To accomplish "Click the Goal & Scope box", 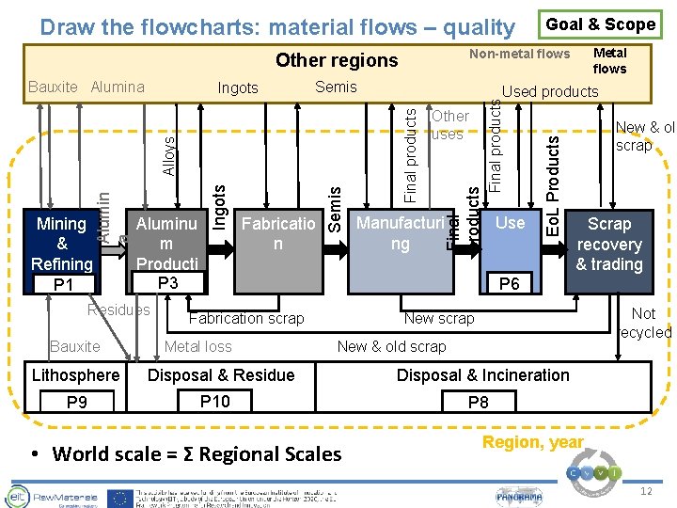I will tap(601, 24).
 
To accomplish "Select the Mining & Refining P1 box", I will tap(63, 252).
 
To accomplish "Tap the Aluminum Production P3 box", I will tap(167, 252).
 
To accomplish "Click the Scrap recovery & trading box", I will tap(609, 244).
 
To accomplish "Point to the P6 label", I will tap(510, 283).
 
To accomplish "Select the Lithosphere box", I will tap(76, 375).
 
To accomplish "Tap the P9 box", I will tap(76, 403).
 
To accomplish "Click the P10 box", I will tap(215, 402).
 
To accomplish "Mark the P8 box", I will tap(479, 403).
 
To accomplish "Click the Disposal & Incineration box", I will tap(482, 375).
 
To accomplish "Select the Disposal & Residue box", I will tap(222, 375).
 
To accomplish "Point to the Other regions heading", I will tap(337, 60).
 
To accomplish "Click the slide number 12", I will tap(645, 492).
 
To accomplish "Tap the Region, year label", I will tap(532, 442).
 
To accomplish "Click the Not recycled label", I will tap(645, 323).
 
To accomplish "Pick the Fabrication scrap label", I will tap(246, 318).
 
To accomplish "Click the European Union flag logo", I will tap(118, 497).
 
